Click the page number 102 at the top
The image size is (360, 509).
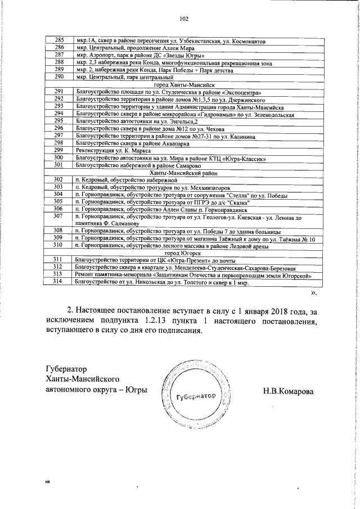click(x=183, y=19)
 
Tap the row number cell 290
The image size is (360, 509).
click(x=58, y=76)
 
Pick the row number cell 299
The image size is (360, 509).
click(x=58, y=150)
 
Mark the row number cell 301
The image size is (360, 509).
click(x=58, y=165)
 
